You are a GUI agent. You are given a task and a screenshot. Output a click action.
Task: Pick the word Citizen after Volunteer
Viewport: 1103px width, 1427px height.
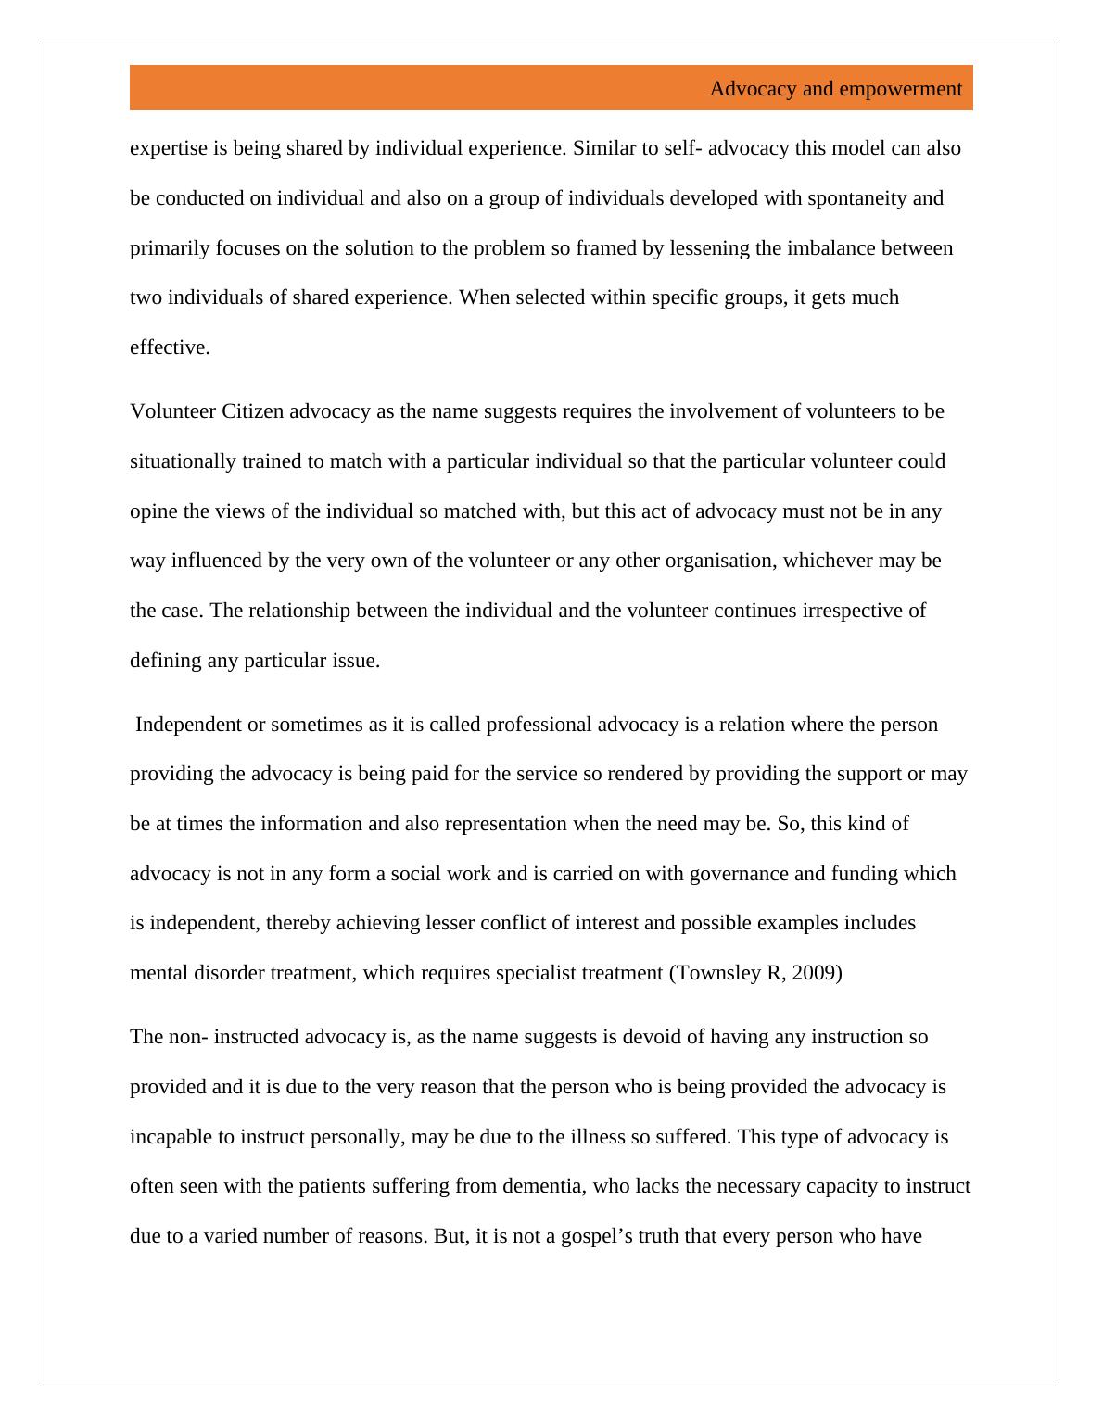coord(253,411)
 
